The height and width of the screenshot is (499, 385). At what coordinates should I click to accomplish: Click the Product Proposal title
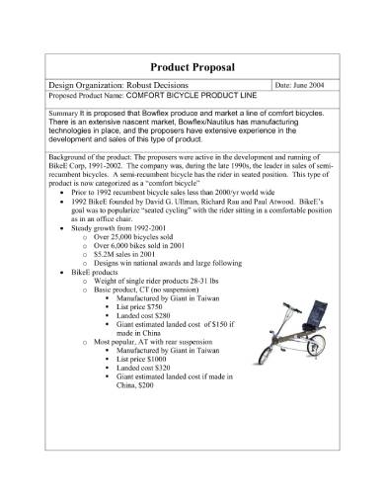click(x=192, y=66)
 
